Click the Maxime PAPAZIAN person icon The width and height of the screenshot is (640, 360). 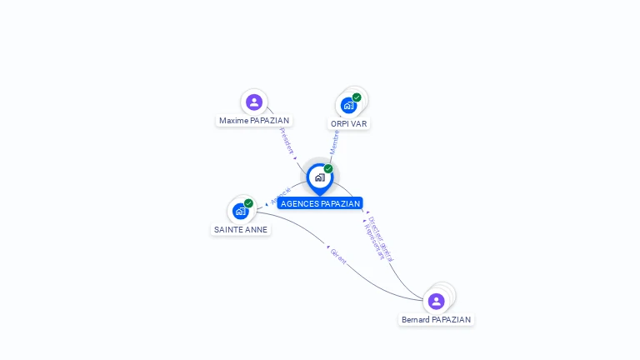254,102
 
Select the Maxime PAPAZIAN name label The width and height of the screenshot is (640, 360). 254,121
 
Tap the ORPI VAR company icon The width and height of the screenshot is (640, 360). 348,105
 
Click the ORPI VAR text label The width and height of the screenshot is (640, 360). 348,123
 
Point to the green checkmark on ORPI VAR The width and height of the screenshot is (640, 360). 357,97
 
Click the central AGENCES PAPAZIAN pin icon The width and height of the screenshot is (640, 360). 319,177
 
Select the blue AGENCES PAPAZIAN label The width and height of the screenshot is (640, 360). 320,203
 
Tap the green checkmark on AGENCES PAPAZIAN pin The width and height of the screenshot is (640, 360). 328,168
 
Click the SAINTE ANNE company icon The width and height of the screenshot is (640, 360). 241,211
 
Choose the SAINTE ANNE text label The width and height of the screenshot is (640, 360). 241,229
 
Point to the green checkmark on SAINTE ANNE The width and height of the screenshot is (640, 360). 248,203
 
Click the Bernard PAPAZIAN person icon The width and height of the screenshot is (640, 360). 436,301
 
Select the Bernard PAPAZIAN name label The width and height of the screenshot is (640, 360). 436,320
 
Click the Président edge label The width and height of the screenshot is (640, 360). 287,141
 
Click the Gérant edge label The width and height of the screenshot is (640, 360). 337,256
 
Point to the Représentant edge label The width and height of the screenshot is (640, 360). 374,240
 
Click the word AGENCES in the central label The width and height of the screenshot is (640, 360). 299,203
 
